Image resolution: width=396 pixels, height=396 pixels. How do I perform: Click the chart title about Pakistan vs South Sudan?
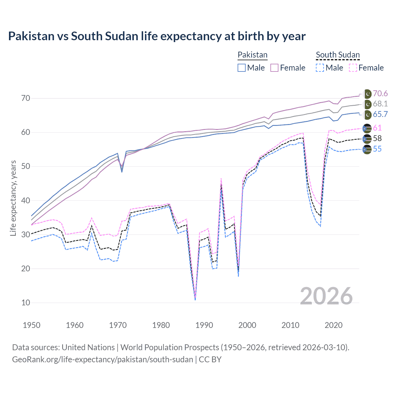[x=157, y=36]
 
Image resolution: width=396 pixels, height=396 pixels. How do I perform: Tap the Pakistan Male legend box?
[x=242, y=68]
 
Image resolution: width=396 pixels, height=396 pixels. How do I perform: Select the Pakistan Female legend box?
[x=274, y=68]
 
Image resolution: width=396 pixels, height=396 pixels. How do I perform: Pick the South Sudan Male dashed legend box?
[x=320, y=68]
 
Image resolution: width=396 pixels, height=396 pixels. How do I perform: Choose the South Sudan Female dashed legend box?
[x=353, y=68]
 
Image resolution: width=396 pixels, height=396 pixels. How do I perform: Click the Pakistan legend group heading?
[x=252, y=55]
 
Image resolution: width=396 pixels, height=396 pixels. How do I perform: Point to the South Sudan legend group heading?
[x=338, y=55]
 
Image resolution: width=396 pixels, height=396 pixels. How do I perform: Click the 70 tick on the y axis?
[x=26, y=98]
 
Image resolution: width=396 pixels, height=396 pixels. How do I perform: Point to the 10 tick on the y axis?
[x=26, y=303]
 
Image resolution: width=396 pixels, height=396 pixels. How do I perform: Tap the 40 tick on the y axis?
[x=26, y=200]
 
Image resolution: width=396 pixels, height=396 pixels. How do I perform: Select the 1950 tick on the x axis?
[x=32, y=325]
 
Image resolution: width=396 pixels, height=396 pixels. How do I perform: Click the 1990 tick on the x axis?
[x=204, y=325]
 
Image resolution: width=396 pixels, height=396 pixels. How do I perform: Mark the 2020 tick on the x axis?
[x=334, y=325]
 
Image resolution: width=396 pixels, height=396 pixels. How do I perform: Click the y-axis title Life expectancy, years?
[x=13, y=198]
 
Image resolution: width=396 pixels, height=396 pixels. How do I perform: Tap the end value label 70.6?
[x=380, y=94]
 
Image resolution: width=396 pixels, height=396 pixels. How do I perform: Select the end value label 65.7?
[x=380, y=114]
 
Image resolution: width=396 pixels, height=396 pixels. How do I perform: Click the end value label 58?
[x=377, y=138]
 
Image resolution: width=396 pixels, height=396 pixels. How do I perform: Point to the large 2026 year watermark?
[x=326, y=296]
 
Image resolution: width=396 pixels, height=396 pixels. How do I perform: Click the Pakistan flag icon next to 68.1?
[x=367, y=104]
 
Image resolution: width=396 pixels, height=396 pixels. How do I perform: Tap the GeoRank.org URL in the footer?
[x=102, y=359]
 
